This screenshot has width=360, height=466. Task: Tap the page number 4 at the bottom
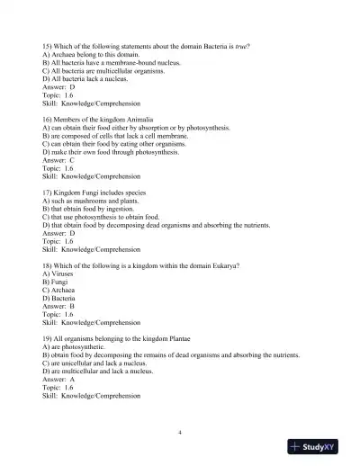pyautogui.click(x=180, y=432)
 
